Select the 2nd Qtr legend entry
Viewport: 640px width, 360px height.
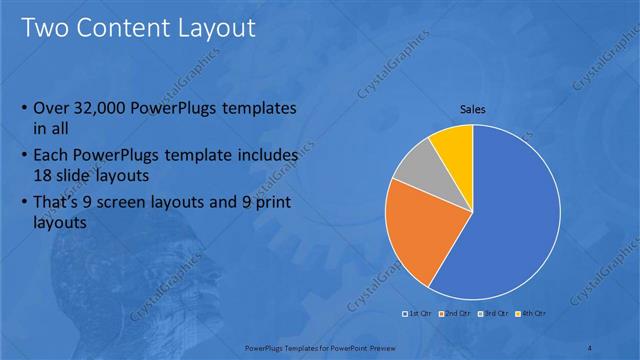click(x=457, y=314)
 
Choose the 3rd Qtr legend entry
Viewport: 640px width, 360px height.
click(x=494, y=314)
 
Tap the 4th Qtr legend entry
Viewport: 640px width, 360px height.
click(x=531, y=314)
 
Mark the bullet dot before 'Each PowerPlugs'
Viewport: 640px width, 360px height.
click(x=24, y=157)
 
